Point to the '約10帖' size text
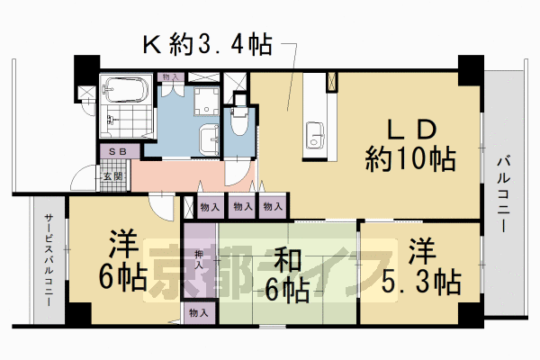(x=410, y=160)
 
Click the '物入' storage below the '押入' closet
(x=198, y=313)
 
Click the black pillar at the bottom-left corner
(x=77, y=315)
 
